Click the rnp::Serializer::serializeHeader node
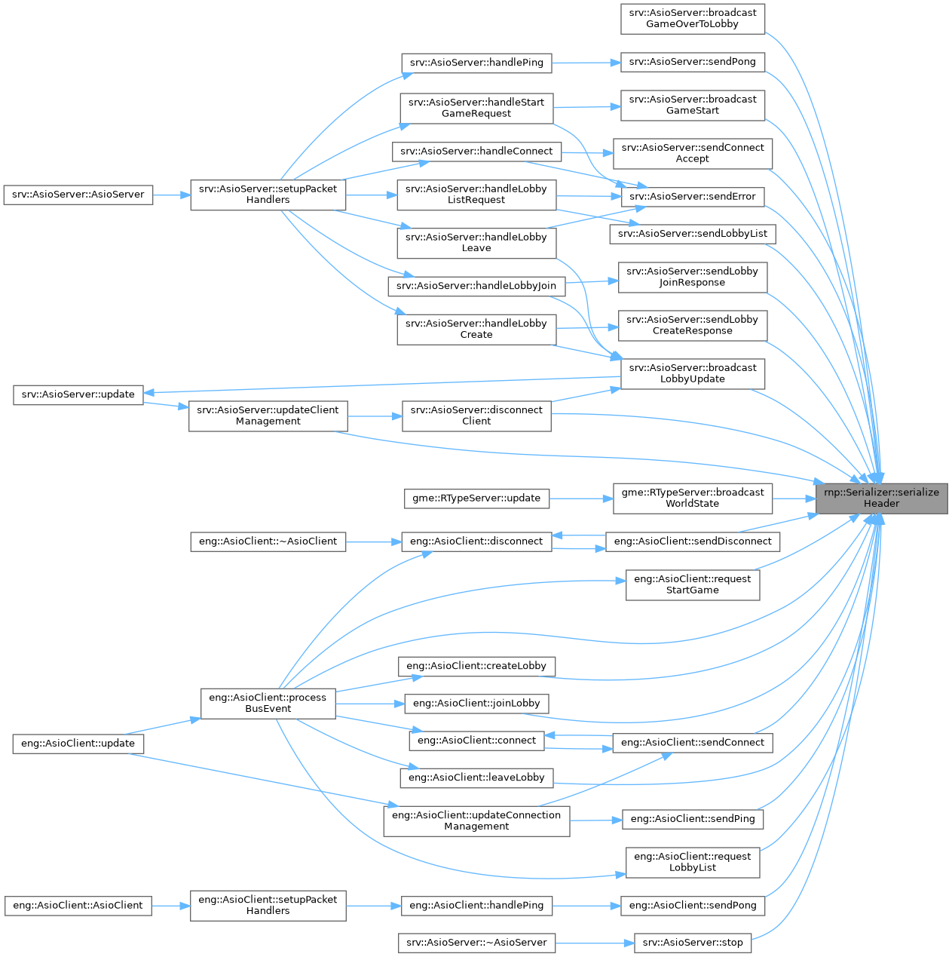pyautogui.click(x=881, y=498)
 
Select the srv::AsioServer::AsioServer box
pyautogui.click(x=78, y=195)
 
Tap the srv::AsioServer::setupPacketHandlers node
pyautogui.click(x=268, y=195)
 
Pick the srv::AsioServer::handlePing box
pyautogui.click(x=476, y=63)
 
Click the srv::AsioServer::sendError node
pyautogui.click(x=692, y=197)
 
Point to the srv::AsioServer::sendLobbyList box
pyautogui.click(x=692, y=234)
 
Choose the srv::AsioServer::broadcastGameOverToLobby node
pyautogui.click(x=692, y=18)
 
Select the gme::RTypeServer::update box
pyautogui.click(x=476, y=498)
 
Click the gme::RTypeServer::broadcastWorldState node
pyautogui.click(x=692, y=498)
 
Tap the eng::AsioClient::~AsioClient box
pyautogui.click(x=268, y=541)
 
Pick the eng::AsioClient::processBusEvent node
pyautogui.click(x=268, y=703)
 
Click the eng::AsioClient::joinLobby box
pyautogui.click(x=476, y=704)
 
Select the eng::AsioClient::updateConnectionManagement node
pyautogui.click(x=476, y=821)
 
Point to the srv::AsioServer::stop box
pyautogui.click(x=692, y=943)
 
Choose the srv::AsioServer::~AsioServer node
pyautogui.click(x=476, y=943)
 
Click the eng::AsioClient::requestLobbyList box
pyautogui.click(x=692, y=862)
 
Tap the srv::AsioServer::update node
pyautogui.click(x=78, y=394)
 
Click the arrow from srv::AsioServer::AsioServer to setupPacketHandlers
pyautogui.click(x=172, y=195)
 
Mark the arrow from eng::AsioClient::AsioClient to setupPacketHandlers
pyautogui.click(x=171, y=905)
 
